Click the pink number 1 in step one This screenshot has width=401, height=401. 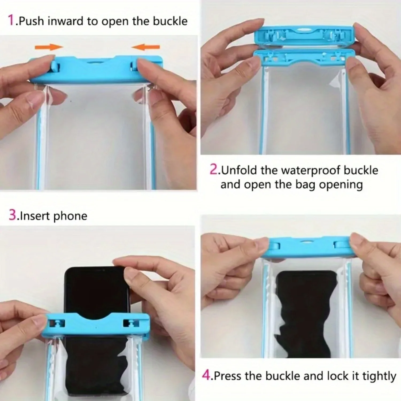(x=11, y=20)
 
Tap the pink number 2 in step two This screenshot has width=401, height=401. (x=214, y=169)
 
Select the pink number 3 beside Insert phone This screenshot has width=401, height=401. (x=13, y=215)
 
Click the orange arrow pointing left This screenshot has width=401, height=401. (x=146, y=47)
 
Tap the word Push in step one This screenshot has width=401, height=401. (x=31, y=21)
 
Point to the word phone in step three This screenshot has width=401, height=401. (x=70, y=216)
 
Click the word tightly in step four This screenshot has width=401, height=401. (x=379, y=376)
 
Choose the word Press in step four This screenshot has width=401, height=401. (x=227, y=376)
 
